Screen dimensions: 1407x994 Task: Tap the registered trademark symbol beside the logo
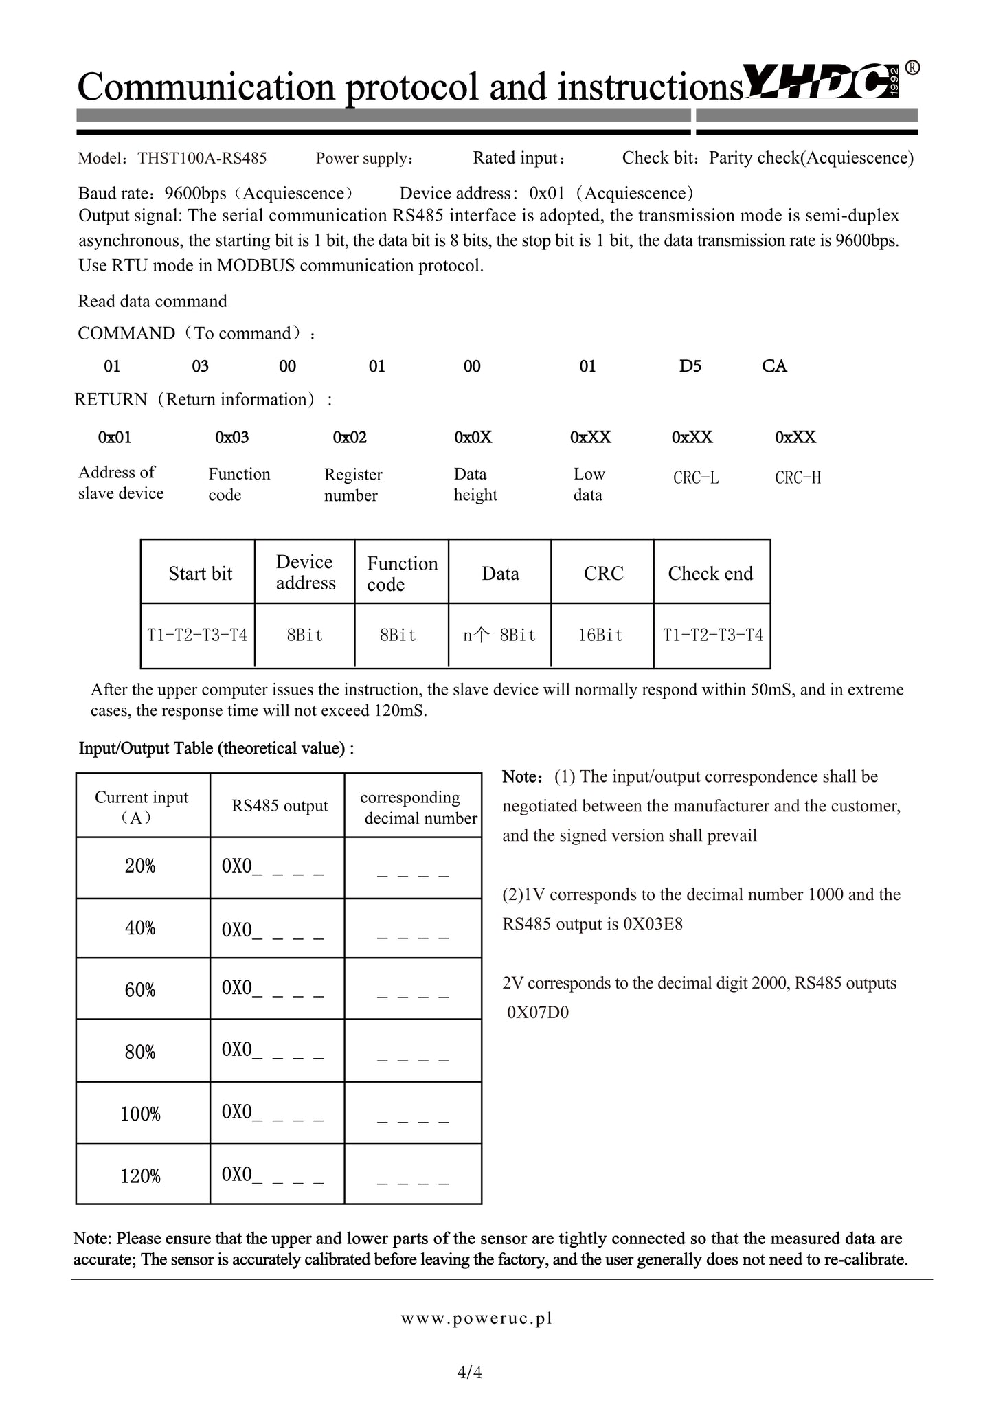click(912, 67)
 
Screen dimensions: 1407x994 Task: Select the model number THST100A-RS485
click(202, 159)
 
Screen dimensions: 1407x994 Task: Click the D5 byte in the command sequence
click(690, 366)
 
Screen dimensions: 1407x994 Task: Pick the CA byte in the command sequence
click(774, 366)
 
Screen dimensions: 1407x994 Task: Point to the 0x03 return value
click(232, 438)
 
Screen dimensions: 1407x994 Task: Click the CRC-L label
click(696, 478)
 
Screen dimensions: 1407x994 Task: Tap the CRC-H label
click(798, 478)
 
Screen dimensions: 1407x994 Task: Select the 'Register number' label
click(353, 485)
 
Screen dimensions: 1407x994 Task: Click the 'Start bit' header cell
click(200, 574)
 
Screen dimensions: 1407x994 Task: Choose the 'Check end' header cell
click(710, 574)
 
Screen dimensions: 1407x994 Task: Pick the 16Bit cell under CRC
click(600, 635)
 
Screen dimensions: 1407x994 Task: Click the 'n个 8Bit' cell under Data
click(499, 635)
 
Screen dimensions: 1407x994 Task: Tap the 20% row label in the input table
click(140, 866)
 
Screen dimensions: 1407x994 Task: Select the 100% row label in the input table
click(140, 1114)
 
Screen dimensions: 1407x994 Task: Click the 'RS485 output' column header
click(280, 806)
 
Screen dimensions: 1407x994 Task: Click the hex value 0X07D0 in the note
click(538, 1013)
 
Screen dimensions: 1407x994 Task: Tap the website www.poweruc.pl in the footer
click(477, 1318)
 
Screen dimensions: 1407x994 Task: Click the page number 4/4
click(470, 1373)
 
